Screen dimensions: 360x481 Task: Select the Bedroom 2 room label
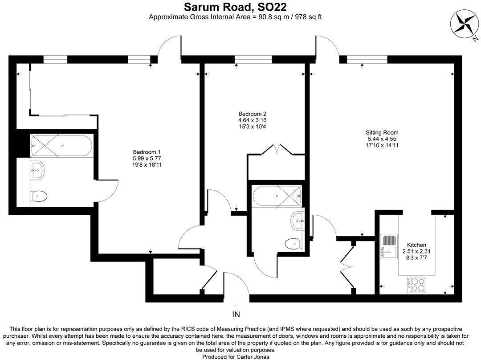[252, 114]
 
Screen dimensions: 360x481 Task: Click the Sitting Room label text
[382, 132]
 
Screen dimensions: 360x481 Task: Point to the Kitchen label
[416, 245]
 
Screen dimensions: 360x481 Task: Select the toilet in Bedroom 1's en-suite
[39, 195]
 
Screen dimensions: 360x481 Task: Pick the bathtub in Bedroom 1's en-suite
[61, 145]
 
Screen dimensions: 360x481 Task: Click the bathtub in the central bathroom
[277, 196]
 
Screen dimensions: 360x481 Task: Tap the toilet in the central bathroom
[293, 243]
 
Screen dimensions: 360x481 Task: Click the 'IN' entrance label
[236, 315]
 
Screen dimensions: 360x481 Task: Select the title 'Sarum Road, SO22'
[236, 7]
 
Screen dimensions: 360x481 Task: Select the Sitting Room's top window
[367, 58]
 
